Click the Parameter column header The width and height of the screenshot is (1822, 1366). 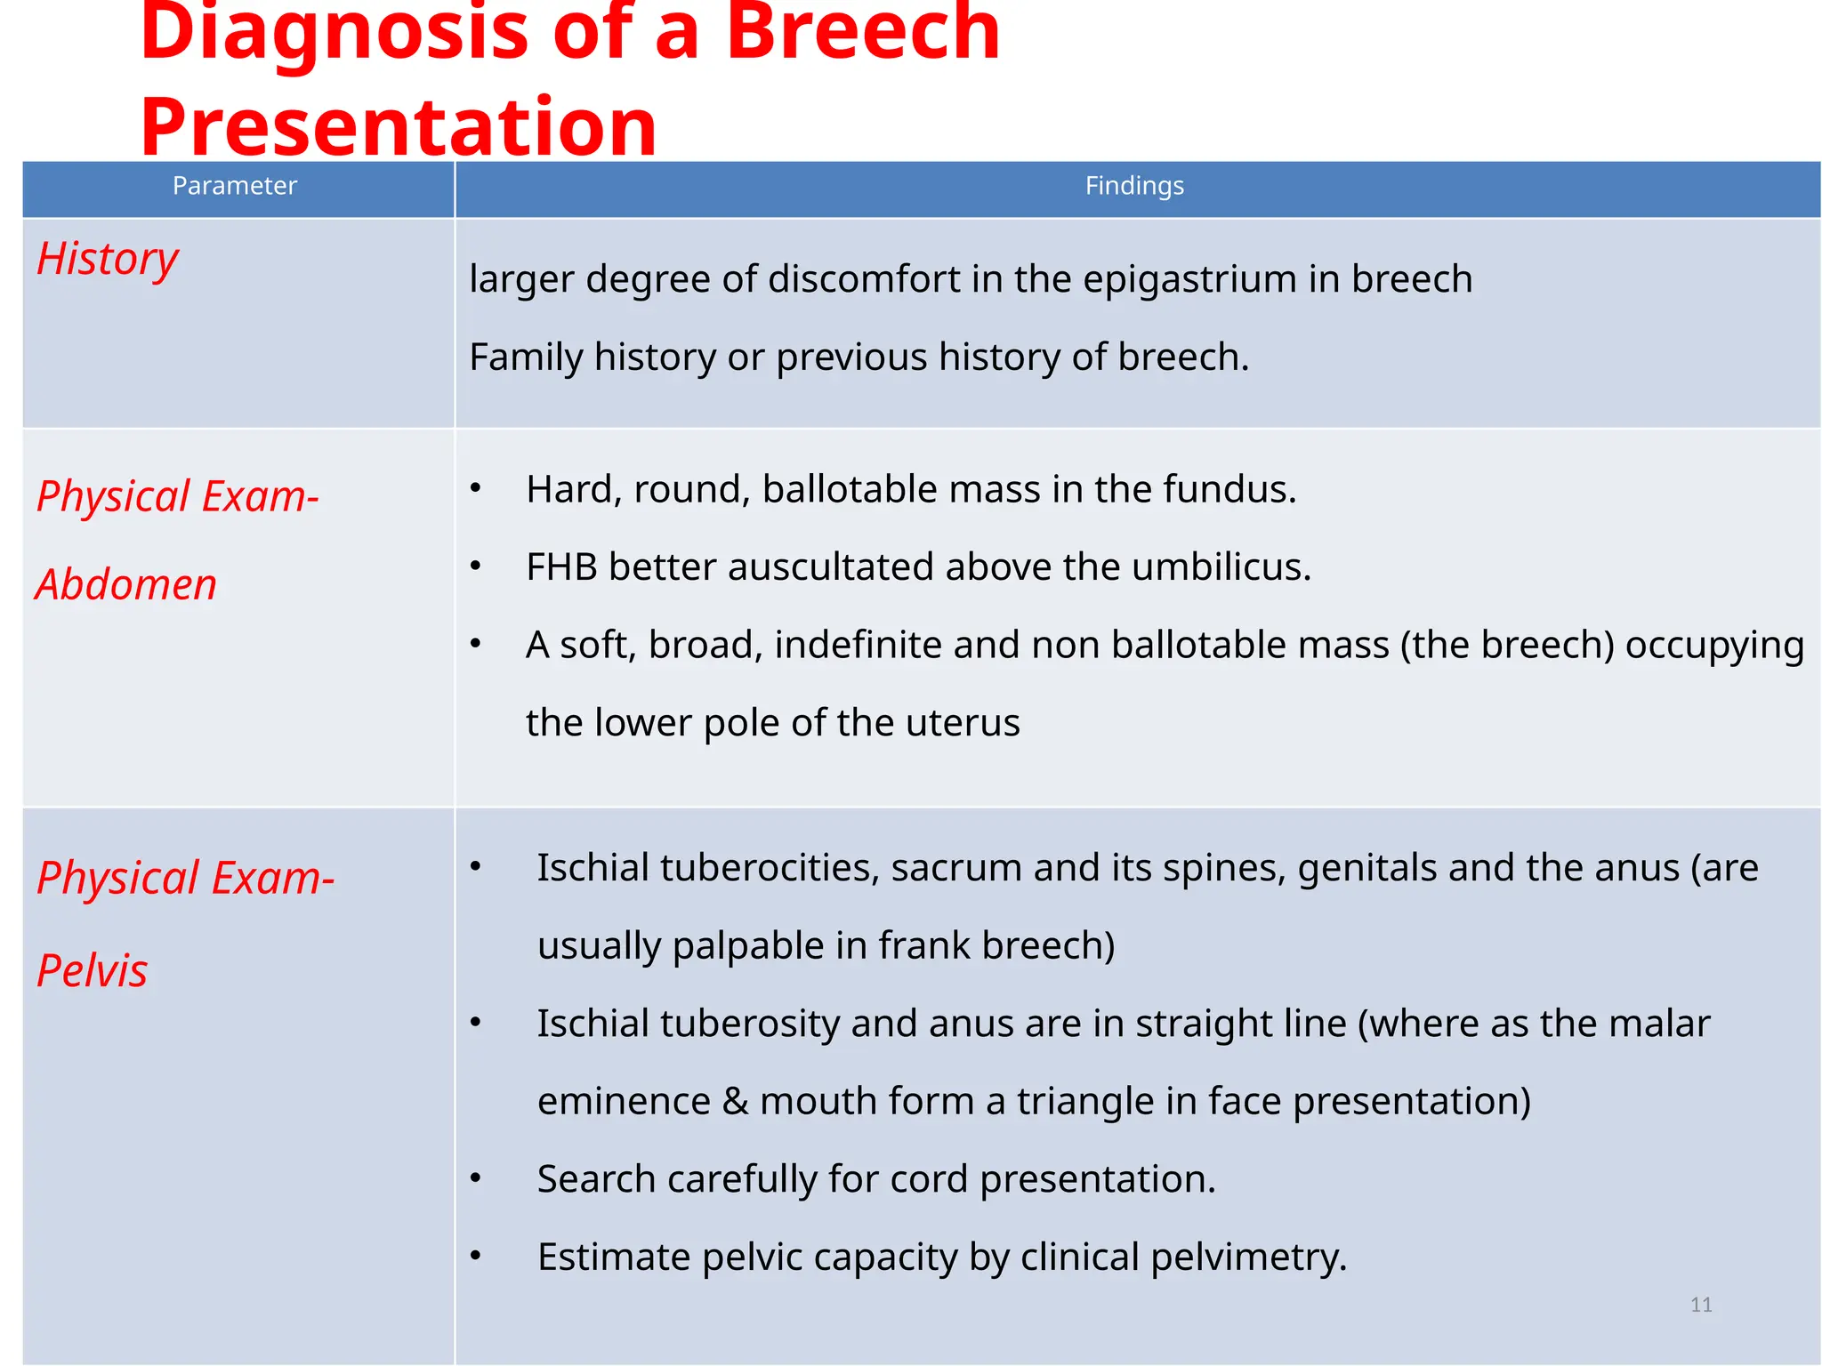(x=234, y=186)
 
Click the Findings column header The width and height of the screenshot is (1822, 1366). (x=1133, y=186)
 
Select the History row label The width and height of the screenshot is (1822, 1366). (x=108, y=259)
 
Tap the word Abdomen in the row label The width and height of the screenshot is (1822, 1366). (x=126, y=585)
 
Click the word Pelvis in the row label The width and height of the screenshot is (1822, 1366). (x=92, y=970)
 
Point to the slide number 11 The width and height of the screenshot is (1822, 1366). (x=1701, y=1305)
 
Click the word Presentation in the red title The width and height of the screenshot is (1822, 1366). (x=398, y=126)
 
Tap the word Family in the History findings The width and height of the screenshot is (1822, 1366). (x=526, y=358)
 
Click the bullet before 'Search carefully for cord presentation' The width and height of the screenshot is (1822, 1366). (x=476, y=1179)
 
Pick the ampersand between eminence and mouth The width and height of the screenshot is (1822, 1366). (x=735, y=1102)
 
